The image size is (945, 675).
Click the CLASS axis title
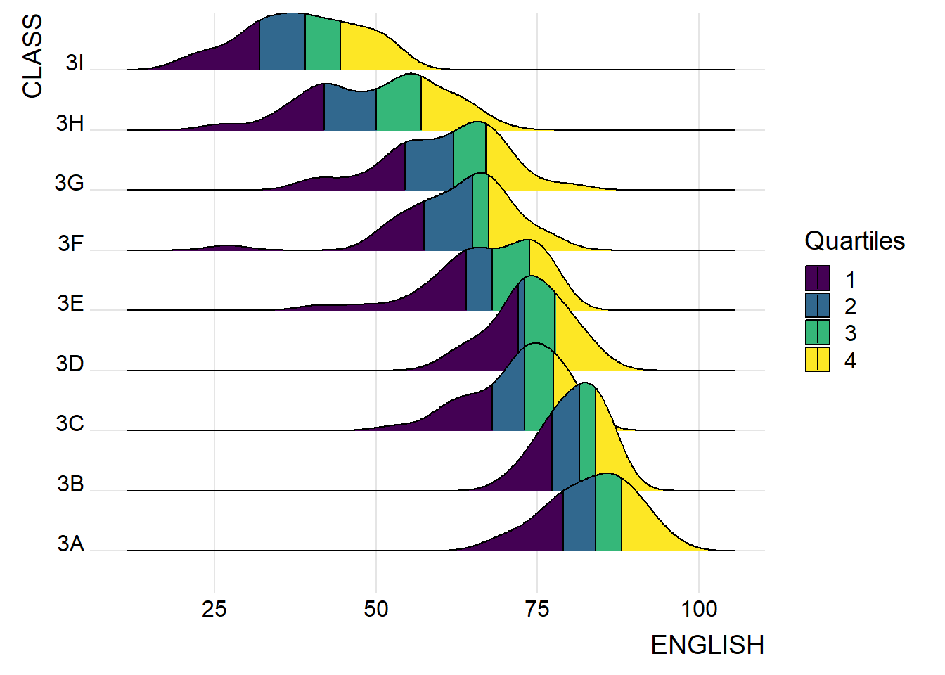32,56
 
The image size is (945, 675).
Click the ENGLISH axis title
707,645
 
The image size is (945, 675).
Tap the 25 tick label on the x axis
214,609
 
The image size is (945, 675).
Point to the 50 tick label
376,609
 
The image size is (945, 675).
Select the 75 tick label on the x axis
537,609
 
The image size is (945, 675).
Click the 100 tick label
699,609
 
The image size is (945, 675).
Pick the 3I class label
75,63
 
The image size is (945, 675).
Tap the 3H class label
70,124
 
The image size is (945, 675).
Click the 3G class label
70,184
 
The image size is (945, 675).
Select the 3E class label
70,304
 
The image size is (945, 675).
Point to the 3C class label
70,424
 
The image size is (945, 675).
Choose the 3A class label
71,544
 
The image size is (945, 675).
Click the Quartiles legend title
854,241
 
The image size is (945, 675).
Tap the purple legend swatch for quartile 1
818,278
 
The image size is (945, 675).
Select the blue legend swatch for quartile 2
818,305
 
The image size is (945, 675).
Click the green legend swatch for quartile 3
818,332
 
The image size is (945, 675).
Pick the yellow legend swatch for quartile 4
818,359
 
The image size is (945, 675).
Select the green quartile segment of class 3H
399,105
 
